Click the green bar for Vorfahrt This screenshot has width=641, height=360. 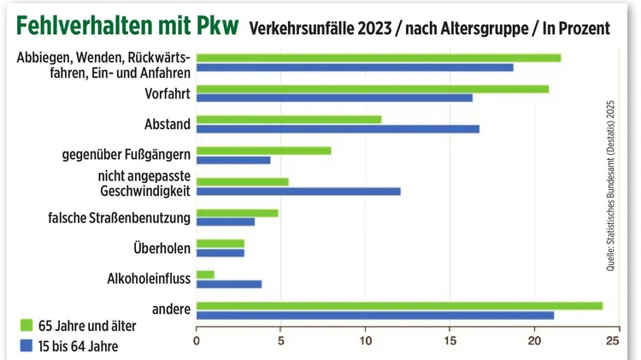click(373, 89)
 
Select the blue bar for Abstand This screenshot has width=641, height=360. click(338, 129)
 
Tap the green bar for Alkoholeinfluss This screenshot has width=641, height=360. click(205, 274)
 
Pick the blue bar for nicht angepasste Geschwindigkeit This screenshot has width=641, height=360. click(298, 191)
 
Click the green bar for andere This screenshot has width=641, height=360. click(399, 305)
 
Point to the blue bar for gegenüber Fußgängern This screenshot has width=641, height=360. click(233, 160)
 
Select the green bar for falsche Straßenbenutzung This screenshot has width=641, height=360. click(237, 213)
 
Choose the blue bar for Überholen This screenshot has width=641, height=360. click(221, 253)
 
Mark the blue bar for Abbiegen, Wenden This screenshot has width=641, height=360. click(355, 67)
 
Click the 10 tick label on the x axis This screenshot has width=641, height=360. click(365, 341)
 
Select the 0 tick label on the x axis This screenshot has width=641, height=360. click(197, 341)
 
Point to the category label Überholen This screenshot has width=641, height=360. click(162, 248)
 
